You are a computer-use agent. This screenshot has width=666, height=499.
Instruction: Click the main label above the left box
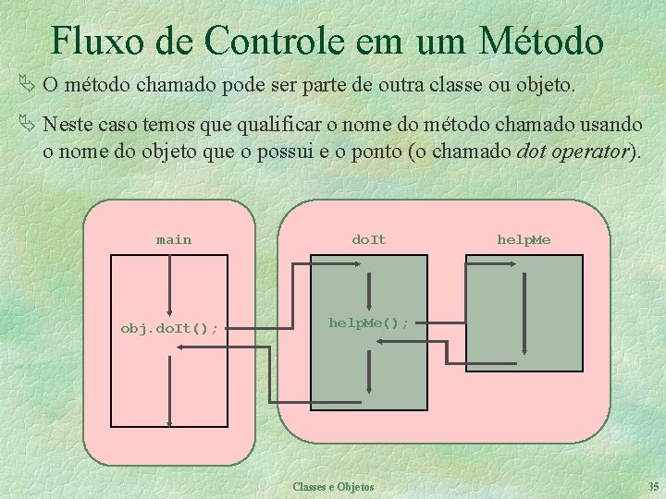coord(174,240)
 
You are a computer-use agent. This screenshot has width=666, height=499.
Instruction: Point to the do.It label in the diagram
coord(369,240)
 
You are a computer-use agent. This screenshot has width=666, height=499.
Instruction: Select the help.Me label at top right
coord(524,240)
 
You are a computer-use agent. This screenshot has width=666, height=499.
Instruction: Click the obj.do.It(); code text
coord(170,328)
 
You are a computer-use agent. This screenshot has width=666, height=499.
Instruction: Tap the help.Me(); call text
coord(369,323)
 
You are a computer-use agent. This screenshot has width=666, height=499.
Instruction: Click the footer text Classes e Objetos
coord(333,486)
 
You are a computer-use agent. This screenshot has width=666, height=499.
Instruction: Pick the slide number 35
coord(654,486)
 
